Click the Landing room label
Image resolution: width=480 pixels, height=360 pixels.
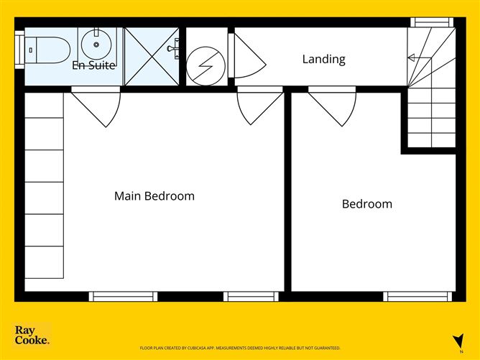[x=323, y=59]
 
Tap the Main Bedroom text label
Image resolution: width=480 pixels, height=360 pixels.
[x=154, y=196]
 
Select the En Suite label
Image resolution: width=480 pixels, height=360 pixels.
[x=93, y=65]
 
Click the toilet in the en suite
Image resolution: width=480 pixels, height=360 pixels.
[x=47, y=50]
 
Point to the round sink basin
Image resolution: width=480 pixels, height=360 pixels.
[x=96, y=45]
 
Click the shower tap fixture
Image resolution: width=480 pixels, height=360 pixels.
[x=173, y=48]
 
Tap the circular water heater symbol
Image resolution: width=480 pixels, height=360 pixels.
[x=206, y=66]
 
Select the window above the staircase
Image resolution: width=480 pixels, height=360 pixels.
[x=432, y=22]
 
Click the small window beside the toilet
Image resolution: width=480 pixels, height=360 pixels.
[x=19, y=50]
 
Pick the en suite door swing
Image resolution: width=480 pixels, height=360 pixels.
[x=96, y=106]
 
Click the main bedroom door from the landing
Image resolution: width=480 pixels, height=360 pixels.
[x=260, y=106]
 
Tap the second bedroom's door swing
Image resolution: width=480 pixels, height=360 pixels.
[x=332, y=106]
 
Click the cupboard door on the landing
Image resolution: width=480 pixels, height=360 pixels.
[x=247, y=56]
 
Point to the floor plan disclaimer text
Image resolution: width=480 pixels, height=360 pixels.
[x=240, y=348]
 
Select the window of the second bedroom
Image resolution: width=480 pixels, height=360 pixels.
[x=417, y=297]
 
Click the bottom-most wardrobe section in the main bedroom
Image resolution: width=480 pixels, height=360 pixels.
[x=44, y=262]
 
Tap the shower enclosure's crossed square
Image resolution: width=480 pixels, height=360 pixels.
[x=152, y=56]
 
